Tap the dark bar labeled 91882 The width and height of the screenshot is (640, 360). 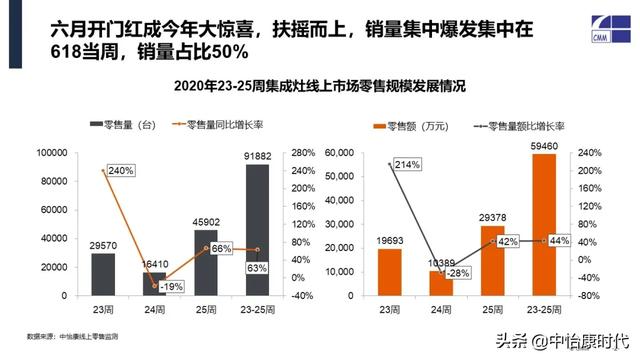pos(258,229)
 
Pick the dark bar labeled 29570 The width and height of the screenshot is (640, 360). pos(102,274)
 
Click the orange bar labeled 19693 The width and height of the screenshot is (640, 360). pos(389,272)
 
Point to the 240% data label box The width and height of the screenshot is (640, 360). pos(120,171)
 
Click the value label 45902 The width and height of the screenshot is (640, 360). pos(206,221)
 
